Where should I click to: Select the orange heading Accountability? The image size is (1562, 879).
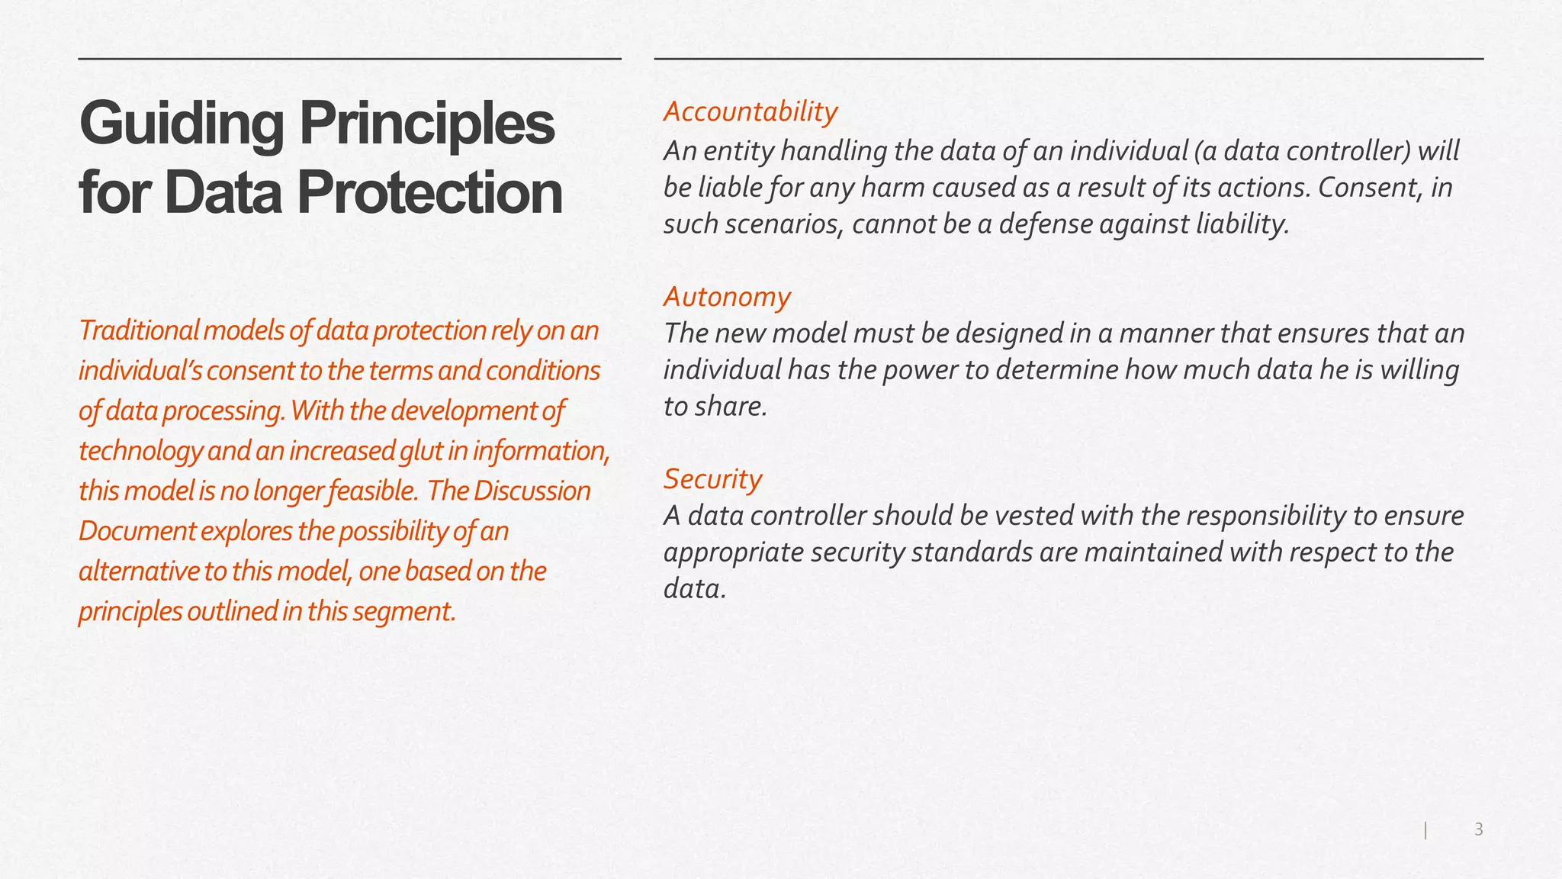[x=750, y=111]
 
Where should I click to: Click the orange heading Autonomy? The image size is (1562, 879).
[x=727, y=296]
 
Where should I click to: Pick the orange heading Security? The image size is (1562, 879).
[x=712, y=478]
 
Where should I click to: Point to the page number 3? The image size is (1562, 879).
[x=1478, y=829]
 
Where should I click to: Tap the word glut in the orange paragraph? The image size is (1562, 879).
[x=420, y=451]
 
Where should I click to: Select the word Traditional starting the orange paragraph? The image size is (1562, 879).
[x=139, y=330]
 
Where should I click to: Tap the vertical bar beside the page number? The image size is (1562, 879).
[x=1425, y=830]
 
